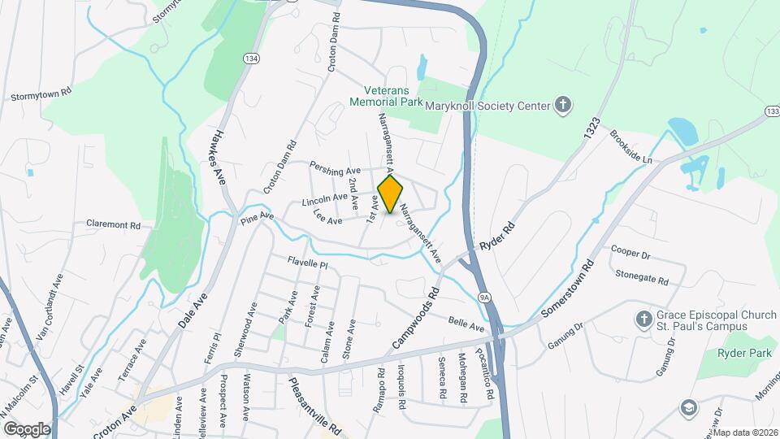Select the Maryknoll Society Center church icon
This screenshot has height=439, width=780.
[562, 104]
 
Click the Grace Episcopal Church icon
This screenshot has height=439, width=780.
[643, 319]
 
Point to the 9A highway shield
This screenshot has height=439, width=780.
[484, 298]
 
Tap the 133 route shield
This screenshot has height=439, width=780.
[772, 111]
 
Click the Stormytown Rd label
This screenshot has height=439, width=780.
[41, 94]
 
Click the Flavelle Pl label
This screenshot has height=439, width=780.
[306, 263]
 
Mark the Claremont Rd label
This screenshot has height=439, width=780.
[113, 224]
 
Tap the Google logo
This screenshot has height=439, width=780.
[27, 428]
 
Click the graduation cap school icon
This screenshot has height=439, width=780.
[689, 407]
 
